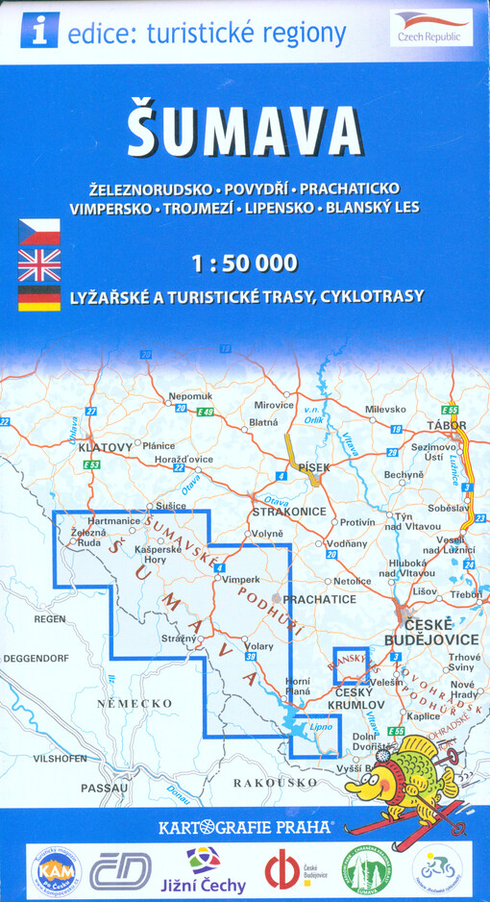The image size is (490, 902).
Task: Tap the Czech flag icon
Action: [x=38, y=232]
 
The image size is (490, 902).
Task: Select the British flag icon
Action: [x=38, y=264]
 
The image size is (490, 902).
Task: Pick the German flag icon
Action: [x=38, y=297]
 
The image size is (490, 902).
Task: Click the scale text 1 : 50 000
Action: [x=245, y=263]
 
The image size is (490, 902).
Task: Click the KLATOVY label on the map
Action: [x=106, y=447]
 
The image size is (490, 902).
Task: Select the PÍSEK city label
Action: [x=313, y=467]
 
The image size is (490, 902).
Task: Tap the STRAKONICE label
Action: [x=288, y=512]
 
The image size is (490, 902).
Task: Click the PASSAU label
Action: [x=104, y=788]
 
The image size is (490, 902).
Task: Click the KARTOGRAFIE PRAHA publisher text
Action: [x=245, y=825]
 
